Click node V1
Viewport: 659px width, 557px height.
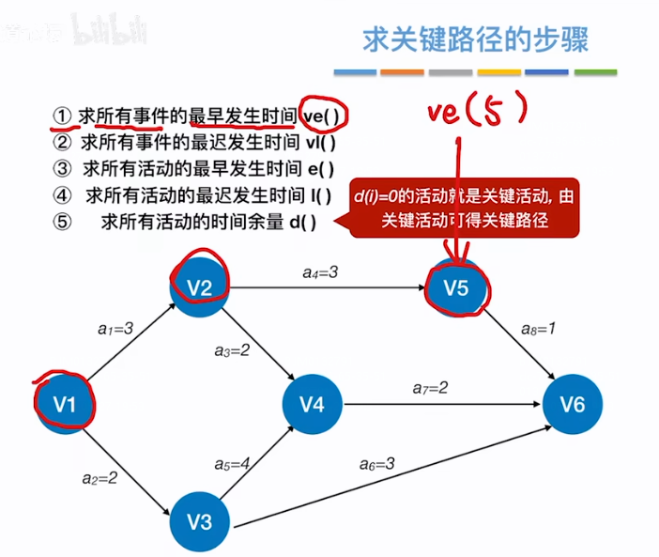point(64,405)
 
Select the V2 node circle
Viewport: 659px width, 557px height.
point(199,287)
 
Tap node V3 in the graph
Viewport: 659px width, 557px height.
point(198,521)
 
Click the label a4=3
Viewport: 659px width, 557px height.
point(319,272)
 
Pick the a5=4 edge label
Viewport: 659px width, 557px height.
point(232,464)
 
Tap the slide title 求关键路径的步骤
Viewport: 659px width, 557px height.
point(477,40)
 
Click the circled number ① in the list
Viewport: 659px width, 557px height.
point(62,116)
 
